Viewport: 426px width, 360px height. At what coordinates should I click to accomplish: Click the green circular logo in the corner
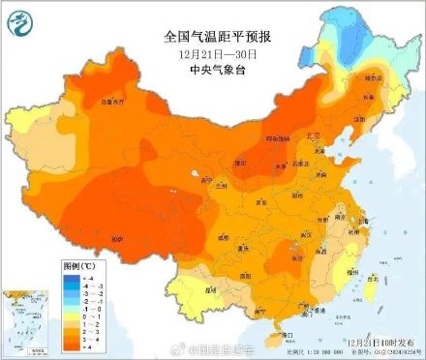point(21,21)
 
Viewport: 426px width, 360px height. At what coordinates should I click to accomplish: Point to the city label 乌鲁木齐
point(87,100)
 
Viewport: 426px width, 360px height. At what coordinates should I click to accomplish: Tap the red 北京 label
point(312,136)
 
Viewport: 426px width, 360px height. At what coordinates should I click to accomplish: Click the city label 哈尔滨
point(372,76)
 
